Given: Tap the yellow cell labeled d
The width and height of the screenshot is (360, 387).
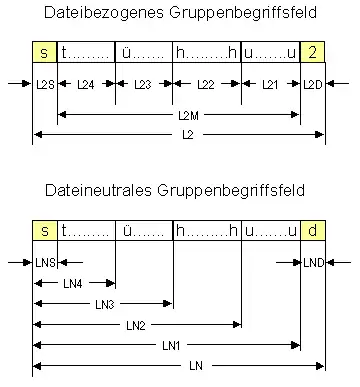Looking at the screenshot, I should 312,232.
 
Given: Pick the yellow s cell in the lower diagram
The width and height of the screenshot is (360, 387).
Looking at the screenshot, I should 45,232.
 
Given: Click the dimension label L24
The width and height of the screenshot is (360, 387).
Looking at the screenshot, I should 87,85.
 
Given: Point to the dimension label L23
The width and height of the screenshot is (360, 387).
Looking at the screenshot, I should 144,85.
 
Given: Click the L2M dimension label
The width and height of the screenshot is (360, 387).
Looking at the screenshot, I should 179,116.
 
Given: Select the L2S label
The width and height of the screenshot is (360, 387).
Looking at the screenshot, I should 45,85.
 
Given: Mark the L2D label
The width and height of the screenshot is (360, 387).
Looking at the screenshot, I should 312,85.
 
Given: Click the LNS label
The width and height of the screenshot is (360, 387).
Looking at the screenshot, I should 45,264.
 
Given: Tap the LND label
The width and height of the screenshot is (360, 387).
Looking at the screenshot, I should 312,264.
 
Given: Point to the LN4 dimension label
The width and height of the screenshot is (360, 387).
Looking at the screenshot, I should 74,284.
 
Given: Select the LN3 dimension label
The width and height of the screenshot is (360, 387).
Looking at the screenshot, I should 104,304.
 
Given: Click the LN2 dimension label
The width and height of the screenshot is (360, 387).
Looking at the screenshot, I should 137,325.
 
